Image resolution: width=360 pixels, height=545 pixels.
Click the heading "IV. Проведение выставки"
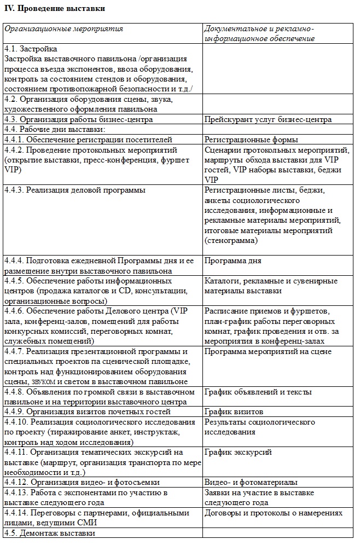pyautogui.click(x=54, y=9)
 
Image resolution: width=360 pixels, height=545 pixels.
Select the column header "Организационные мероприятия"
pyautogui.click(x=64, y=29)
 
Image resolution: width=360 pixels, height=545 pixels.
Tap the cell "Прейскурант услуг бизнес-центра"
pyautogui.click(x=268, y=119)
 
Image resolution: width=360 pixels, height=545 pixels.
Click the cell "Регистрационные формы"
pyautogui.click(x=251, y=140)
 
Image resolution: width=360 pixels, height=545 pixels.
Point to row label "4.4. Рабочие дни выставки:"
pyautogui.click(x=54, y=129)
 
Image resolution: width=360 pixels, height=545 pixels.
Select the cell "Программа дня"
pyautogui.click(x=233, y=261)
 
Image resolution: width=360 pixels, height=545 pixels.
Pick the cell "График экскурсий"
pyautogui.click(x=238, y=452)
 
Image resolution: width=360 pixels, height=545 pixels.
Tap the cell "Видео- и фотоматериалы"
pyautogui.click(x=251, y=482)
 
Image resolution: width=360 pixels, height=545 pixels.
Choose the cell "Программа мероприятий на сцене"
pyautogui.click(x=268, y=351)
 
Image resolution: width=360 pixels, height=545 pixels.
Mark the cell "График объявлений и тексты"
pyautogui.click(x=258, y=392)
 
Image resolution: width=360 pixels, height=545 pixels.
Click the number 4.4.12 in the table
pyautogui.click(x=15, y=482)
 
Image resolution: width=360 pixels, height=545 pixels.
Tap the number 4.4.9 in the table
pyautogui.click(x=14, y=411)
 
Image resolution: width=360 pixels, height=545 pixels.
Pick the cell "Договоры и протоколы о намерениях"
pyautogui.click(x=273, y=513)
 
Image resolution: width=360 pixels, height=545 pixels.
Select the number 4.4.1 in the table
pyautogui.click(x=14, y=140)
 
